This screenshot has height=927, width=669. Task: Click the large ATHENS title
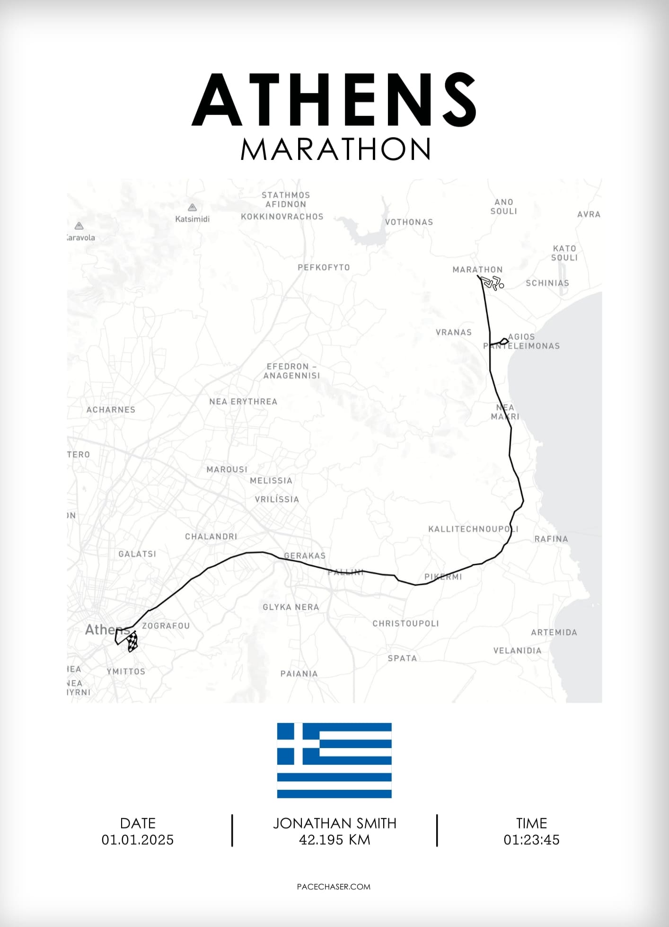334,100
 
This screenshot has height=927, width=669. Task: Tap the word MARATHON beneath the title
335,149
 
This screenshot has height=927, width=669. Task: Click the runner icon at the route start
492,284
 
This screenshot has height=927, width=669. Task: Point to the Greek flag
334,760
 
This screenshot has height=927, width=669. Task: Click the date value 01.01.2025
138,840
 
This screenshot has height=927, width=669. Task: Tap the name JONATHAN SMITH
334,823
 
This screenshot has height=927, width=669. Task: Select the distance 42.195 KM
334,840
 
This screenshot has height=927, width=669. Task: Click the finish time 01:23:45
531,840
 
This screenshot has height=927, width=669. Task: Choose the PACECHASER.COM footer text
334,887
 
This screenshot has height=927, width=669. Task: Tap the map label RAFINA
551,539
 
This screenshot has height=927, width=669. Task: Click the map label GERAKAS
305,556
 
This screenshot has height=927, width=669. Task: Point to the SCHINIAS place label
547,283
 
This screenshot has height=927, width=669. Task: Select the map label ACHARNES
111,410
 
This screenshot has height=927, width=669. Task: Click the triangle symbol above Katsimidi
192,208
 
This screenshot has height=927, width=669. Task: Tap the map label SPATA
402,658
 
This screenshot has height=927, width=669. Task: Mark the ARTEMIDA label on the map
554,633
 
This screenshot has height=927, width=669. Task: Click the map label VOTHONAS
409,222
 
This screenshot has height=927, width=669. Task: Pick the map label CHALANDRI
211,537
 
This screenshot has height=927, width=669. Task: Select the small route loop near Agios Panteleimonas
504,341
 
